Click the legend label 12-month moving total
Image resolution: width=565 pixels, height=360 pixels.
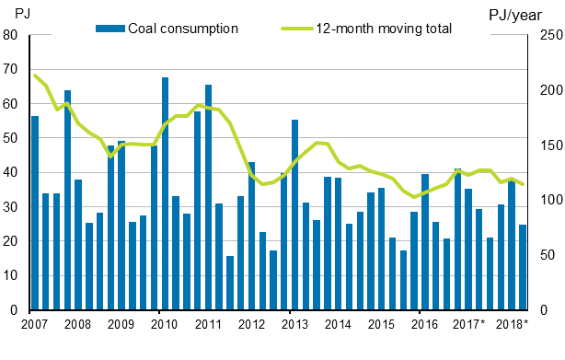coord(384,28)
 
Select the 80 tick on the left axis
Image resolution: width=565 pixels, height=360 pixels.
coord(12,35)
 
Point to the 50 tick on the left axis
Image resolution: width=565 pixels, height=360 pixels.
coord(12,138)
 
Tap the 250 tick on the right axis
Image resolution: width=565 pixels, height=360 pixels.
coord(548,35)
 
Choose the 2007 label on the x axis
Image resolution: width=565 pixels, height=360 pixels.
coord(34,325)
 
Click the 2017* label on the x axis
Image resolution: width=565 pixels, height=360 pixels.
coord(469,325)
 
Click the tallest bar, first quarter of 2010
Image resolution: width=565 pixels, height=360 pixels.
coord(165,193)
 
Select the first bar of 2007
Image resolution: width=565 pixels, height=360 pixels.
coord(35,213)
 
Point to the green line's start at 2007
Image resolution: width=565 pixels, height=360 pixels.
coord(34,75)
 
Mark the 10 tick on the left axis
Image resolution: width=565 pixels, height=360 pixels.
coord(12,276)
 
